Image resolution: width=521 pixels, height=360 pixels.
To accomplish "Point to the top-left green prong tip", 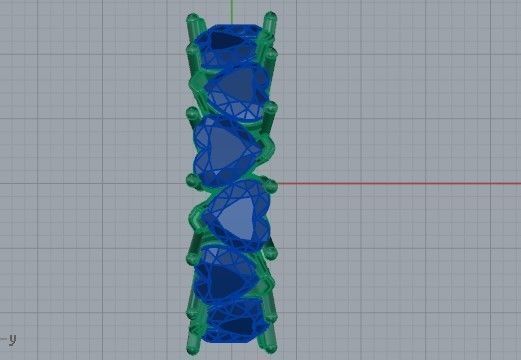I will [x=193, y=19].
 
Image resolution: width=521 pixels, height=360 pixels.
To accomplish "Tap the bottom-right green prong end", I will [x=268, y=345].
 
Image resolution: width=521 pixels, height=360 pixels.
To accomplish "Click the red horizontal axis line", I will [x=400, y=183].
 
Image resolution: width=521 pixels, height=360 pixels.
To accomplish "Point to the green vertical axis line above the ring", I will [x=230, y=8].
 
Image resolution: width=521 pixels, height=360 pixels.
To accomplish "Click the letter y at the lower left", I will [x=12, y=338].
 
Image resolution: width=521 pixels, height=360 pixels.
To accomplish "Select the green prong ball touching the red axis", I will [x=269, y=184].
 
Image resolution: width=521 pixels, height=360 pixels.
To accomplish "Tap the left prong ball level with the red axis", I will [x=193, y=181].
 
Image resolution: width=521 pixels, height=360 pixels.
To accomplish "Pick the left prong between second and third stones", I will [x=194, y=112].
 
